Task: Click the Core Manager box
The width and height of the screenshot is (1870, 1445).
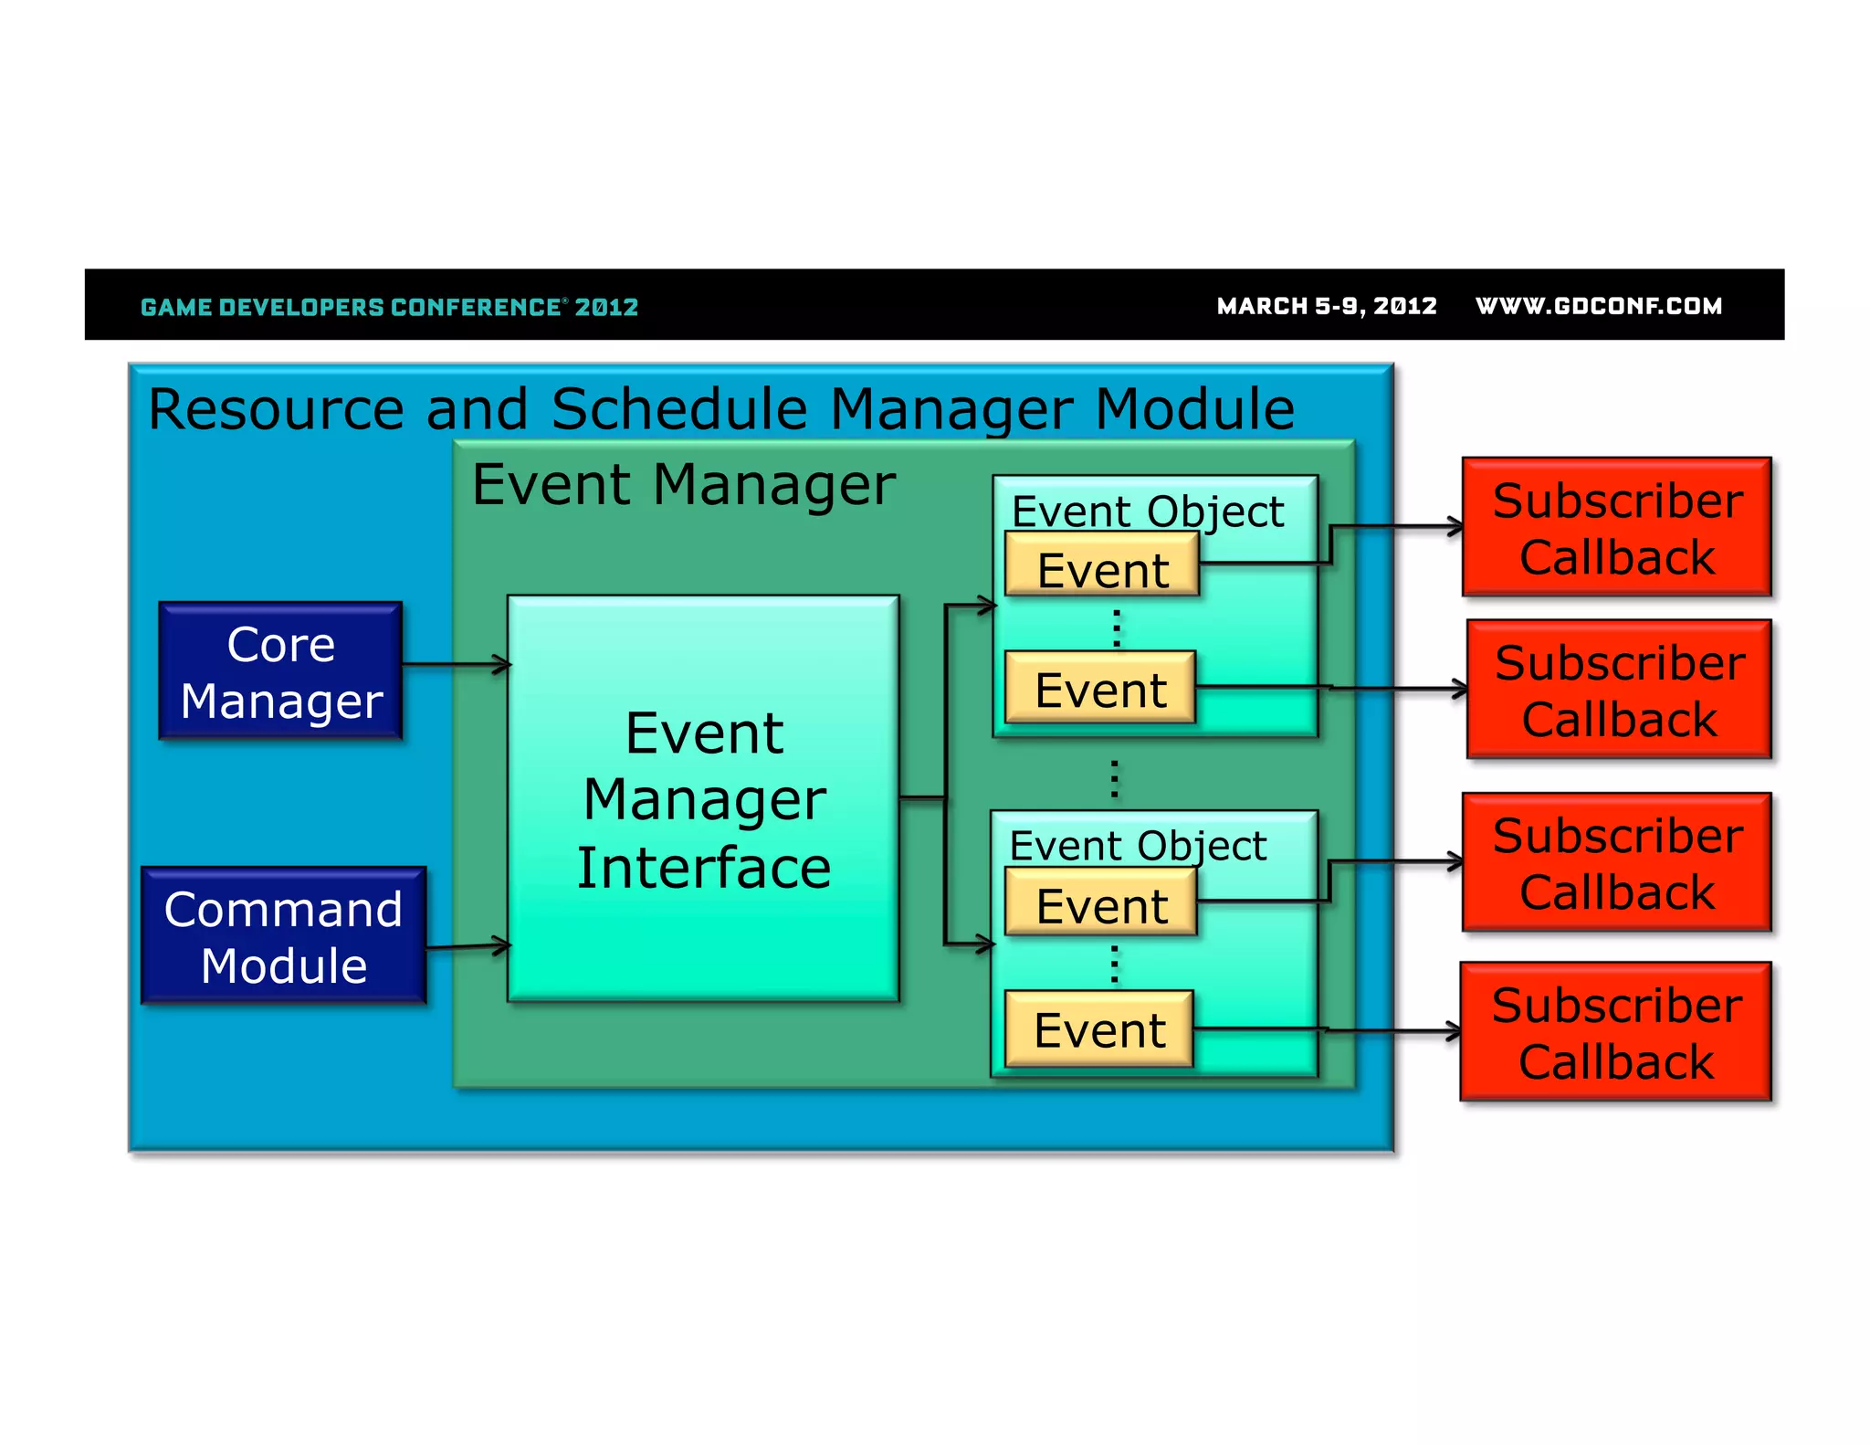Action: [280, 671]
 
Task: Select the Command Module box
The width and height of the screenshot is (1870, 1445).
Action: [283, 936]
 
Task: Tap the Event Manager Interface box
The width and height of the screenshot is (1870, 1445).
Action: [703, 799]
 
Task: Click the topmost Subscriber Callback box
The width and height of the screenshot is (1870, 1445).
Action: [1617, 528]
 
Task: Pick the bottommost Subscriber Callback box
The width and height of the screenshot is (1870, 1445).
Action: [1615, 1032]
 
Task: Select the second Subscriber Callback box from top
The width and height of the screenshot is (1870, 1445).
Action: [1619, 690]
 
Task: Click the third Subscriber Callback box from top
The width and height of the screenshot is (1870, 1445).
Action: [1617, 862]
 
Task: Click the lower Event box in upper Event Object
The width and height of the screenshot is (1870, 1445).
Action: [1100, 688]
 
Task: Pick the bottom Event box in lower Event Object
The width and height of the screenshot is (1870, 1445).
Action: [1098, 1029]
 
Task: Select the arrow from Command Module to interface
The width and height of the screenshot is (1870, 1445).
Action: [467, 946]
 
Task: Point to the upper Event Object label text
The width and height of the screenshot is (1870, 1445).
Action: [1147, 512]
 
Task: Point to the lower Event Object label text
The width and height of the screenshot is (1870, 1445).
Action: [1138, 846]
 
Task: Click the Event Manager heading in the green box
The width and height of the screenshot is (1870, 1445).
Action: [683, 484]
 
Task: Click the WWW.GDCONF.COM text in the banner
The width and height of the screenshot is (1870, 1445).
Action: [1598, 306]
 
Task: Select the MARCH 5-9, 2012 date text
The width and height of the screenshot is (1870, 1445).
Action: [1326, 306]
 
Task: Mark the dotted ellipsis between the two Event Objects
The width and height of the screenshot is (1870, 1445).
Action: [1114, 778]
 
